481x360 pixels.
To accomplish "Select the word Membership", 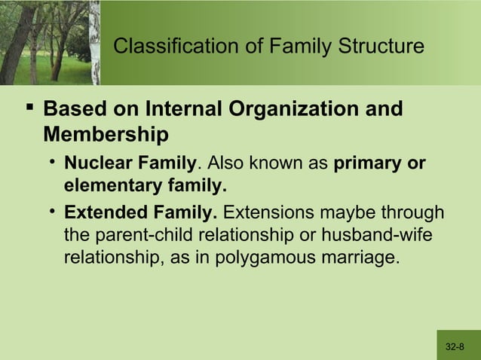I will pos(106,136).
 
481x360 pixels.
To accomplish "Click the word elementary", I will pos(107,185).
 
